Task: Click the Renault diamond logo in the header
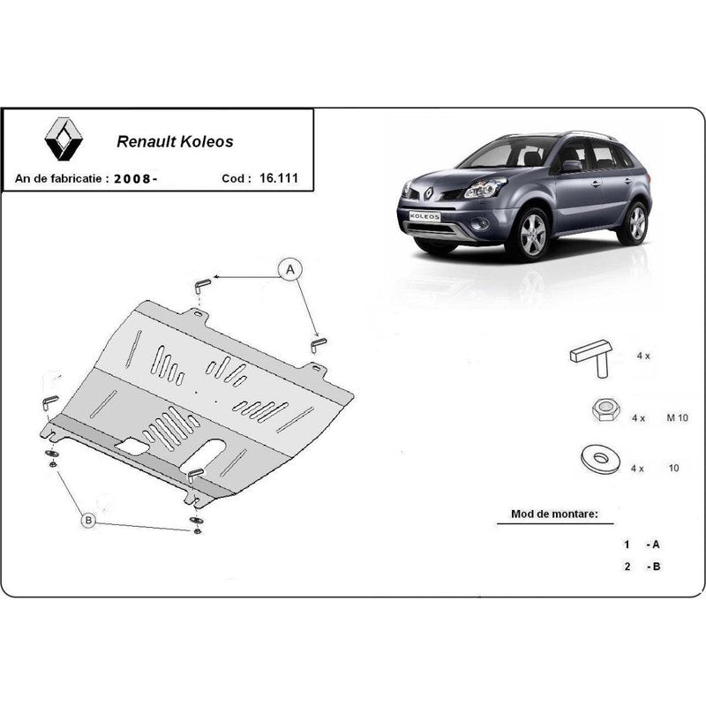point(64,139)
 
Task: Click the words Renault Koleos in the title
point(175,141)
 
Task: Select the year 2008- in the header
point(136,179)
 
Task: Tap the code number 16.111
point(279,178)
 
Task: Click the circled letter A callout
point(290,269)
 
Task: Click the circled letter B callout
point(88,521)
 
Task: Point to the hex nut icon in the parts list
point(605,409)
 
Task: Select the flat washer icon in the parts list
point(600,460)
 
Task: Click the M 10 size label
point(677,417)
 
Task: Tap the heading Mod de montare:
point(554,514)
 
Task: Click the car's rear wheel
point(635,223)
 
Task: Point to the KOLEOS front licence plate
point(424,216)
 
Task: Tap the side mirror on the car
point(571,166)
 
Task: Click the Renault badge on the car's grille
point(429,192)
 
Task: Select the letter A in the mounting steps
point(656,545)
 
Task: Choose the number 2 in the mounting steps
point(627,566)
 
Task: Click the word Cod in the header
point(233,179)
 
